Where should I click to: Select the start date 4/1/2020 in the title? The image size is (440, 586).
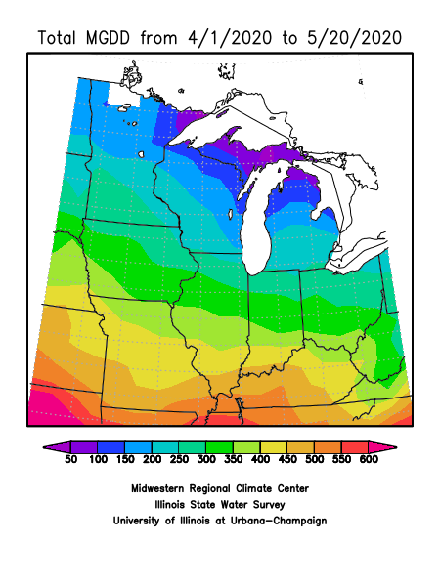238,38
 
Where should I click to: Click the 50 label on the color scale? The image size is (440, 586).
69,458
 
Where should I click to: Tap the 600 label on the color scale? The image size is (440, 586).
368,458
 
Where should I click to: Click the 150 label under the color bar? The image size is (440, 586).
124,458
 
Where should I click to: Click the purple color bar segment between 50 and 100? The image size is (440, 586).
83,446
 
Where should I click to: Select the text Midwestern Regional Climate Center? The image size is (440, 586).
219,487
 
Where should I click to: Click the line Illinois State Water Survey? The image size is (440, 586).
219,504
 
